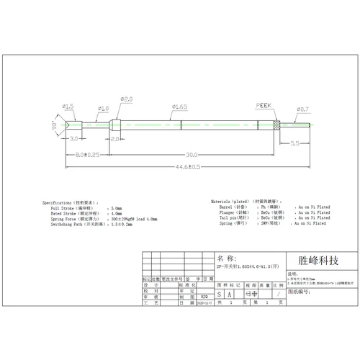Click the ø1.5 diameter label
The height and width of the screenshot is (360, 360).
pos(68,106)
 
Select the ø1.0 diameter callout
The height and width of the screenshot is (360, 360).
pos(102,108)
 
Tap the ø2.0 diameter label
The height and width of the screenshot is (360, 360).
pos(126,99)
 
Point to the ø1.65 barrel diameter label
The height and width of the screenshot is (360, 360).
pos(180,107)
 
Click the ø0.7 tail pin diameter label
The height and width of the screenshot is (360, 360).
pos(302,109)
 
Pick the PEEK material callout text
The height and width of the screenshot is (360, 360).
pos(265,105)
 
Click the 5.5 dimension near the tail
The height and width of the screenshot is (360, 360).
pos(296,143)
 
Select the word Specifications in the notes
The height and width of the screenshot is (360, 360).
pos(57,203)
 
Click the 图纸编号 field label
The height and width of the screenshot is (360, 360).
pos(301,293)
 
